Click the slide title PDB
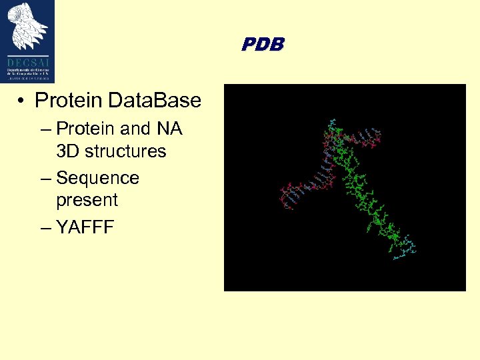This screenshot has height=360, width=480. point(263,45)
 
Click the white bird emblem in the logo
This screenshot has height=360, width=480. point(27,26)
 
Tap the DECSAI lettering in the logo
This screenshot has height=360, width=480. point(27,59)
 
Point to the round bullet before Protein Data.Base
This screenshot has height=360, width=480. point(22,101)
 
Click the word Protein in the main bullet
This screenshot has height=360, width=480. point(69,101)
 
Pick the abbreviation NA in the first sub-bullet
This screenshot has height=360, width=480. point(169,128)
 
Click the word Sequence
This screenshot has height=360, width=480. point(98,178)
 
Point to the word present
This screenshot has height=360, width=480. point(87,200)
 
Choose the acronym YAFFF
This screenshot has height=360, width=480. point(85,228)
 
